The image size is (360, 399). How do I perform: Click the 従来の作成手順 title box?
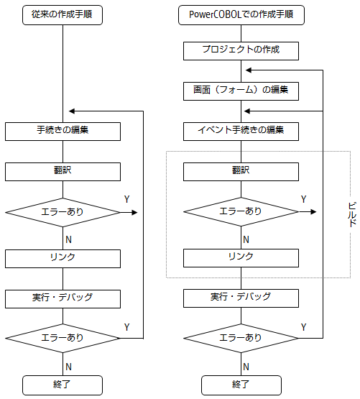point(63,15)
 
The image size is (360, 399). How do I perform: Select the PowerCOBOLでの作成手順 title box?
point(241,15)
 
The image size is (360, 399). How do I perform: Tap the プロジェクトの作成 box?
point(241,51)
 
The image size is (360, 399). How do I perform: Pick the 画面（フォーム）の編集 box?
point(241,91)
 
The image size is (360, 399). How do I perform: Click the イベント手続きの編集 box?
point(241,132)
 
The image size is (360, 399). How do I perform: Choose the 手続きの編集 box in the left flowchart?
point(63,132)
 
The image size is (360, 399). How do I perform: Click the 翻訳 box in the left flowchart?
point(63,172)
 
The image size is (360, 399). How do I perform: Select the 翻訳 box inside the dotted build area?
point(241,172)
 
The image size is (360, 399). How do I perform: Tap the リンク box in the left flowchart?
point(63,259)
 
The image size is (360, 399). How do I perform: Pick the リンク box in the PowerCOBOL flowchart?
point(241,258)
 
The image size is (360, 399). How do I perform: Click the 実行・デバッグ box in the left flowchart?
point(63,299)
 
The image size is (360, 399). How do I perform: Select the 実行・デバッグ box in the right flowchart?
point(241,298)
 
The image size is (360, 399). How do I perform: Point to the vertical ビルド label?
point(352,214)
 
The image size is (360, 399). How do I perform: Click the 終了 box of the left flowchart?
point(63,385)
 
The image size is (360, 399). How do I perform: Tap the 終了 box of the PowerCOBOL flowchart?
point(241,385)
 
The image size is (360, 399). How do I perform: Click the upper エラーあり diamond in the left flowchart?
point(63,213)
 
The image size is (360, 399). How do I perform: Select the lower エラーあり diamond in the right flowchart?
point(241,338)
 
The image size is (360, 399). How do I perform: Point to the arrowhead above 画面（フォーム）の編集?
point(249,70)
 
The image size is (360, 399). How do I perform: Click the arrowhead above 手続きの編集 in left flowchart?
point(72,111)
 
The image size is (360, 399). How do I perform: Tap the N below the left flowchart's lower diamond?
point(68,367)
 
